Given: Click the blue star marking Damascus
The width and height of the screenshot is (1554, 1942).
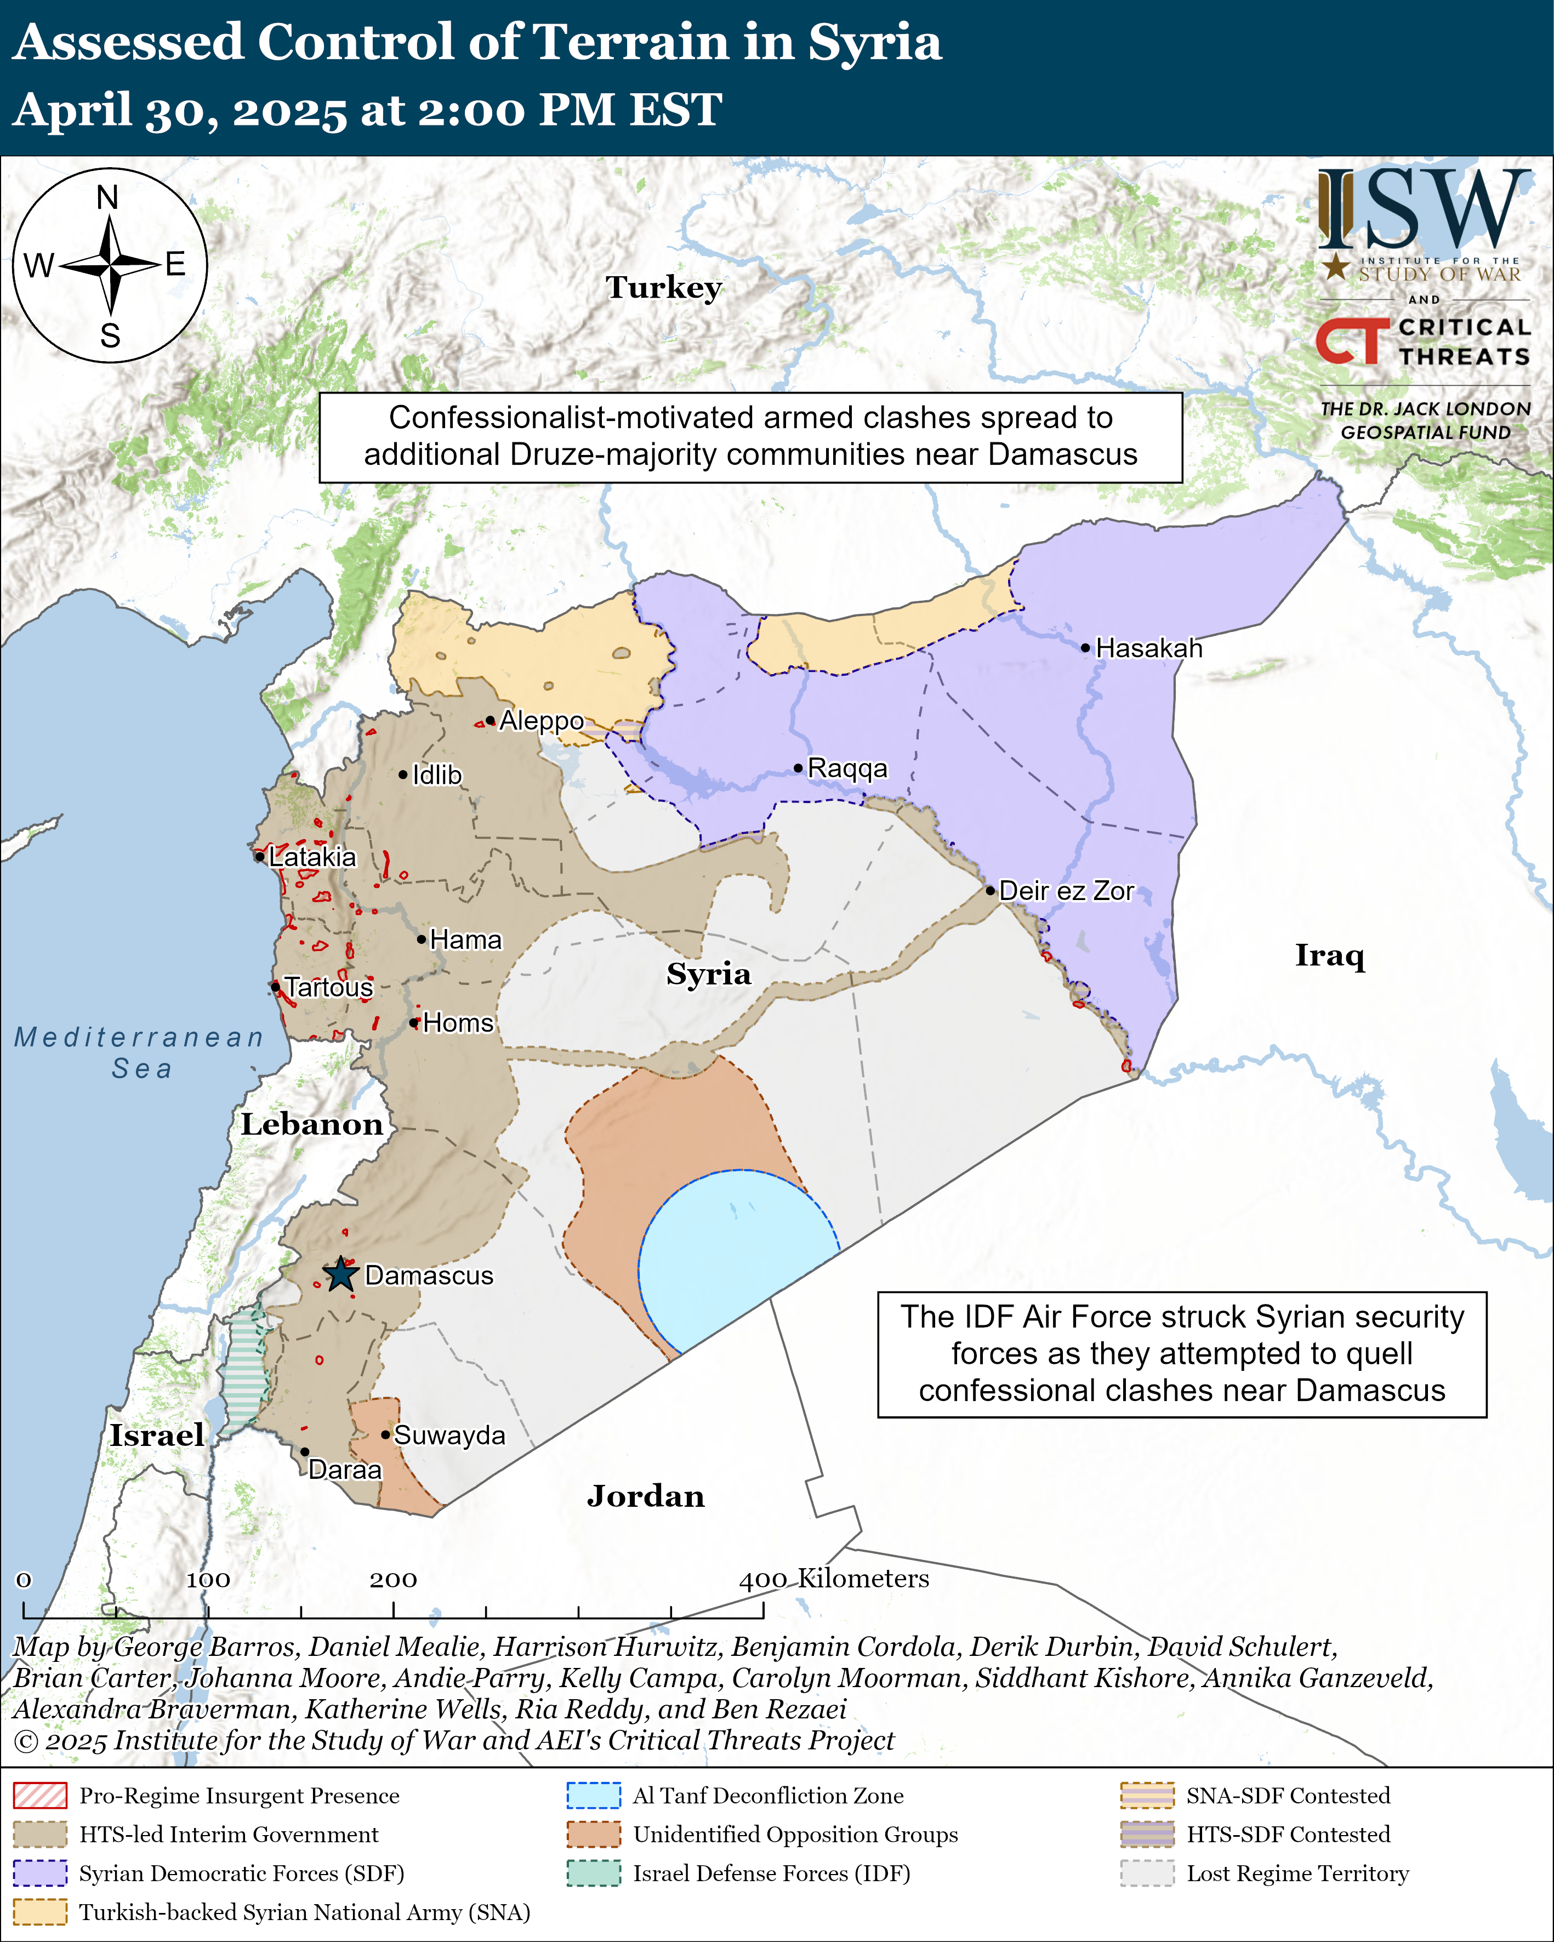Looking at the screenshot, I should pyautogui.click(x=340, y=1274).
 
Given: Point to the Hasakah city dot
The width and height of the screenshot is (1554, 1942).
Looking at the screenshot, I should pyautogui.click(x=1085, y=648).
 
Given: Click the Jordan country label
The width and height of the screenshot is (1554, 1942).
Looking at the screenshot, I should pyautogui.click(x=645, y=1496).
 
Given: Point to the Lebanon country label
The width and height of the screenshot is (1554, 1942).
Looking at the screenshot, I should pyautogui.click(x=312, y=1124).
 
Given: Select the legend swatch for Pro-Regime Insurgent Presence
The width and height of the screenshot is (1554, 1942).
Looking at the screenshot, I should pyautogui.click(x=39, y=1795).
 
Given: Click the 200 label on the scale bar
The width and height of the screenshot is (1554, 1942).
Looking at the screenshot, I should pyautogui.click(x=393, y=1579).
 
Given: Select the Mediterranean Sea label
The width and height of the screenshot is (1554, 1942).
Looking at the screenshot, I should pyautogui.click(x=140, y=1052).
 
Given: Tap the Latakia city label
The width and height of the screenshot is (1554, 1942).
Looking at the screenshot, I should pyautogui.click(x=312, y=857).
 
